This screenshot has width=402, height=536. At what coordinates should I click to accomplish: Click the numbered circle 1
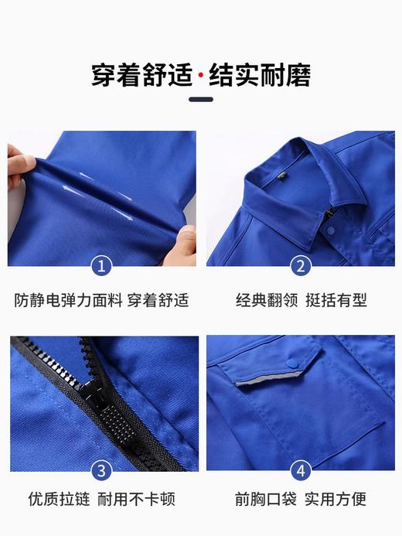click(x=100, y=267)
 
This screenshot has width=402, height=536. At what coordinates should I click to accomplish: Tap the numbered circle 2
click(x=301, y=267)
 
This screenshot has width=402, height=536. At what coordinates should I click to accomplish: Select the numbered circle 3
click(x=100, y=470)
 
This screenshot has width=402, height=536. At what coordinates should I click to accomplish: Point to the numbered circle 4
click(x=301, y=470)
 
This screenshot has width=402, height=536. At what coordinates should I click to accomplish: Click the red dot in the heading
click(x=201, y=77)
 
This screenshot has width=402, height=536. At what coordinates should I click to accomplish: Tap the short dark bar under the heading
click(x=201, y=99)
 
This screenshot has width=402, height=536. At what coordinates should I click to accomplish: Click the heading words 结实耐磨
click(x=260, y=77)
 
